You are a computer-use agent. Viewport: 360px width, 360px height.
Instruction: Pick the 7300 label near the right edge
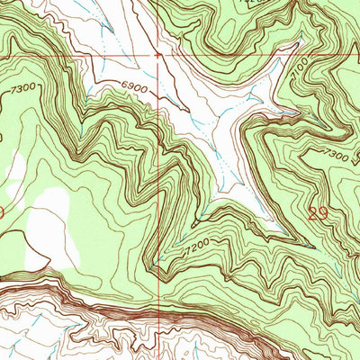[337, 156]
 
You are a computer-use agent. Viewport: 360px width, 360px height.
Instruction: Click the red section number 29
[317, 212]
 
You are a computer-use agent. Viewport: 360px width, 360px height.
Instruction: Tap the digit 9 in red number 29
[322, 212]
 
